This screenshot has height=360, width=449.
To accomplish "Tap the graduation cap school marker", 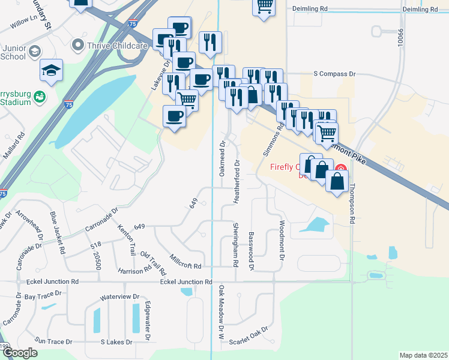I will point(52,71).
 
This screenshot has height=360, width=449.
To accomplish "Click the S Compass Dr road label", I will point(335,74).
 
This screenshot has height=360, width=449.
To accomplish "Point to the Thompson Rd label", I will point(354,203).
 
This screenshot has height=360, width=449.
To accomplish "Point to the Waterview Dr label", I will point(119,297).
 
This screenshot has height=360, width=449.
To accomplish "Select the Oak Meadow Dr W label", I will point(221,313).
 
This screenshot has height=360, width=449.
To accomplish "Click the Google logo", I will point(20,353).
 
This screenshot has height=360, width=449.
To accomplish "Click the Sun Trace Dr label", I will point(53,341).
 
